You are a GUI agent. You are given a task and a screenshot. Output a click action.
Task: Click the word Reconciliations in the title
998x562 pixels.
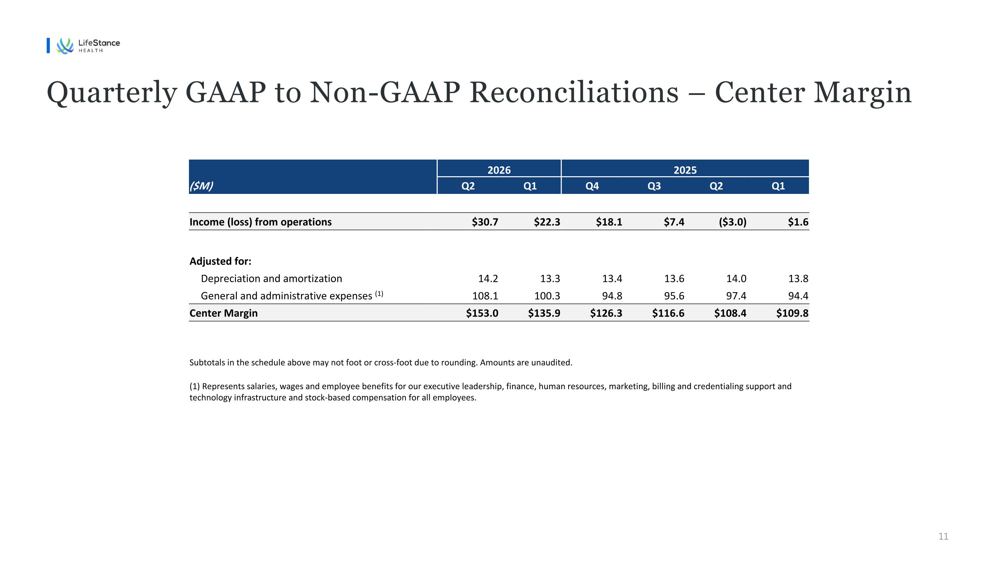[x=574, y=93]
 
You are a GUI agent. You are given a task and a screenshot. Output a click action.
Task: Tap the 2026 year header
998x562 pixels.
[x=499, y=170]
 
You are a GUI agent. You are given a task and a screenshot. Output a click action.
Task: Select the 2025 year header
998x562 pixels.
[x=685, y=170]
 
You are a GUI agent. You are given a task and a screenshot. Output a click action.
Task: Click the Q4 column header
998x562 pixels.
[x=592, y=186]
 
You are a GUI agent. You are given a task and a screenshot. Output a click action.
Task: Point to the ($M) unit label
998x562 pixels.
[x=201, y=186]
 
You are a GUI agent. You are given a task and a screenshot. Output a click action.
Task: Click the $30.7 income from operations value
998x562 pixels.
[x=485, y=222]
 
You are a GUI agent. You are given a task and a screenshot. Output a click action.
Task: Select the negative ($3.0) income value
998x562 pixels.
[x=733, y=222]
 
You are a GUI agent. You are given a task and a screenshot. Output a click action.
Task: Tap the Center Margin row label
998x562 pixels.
[x=224, y=313]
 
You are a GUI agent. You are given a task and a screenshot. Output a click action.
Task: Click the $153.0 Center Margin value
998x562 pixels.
[x=482, y=313]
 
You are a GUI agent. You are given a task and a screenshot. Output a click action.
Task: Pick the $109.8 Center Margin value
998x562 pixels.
[x=792, y=313]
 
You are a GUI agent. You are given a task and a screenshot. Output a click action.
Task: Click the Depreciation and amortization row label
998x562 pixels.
[x=271, y=279]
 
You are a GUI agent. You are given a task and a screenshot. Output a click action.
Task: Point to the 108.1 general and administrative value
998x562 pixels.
[x=485, y=296]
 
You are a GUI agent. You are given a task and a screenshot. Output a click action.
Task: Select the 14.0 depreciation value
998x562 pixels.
[x=736, y=279]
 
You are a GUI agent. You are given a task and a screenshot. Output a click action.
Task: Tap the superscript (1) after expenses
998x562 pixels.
[x=379, y=293]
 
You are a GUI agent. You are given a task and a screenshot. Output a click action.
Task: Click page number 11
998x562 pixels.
[x=943, y=536]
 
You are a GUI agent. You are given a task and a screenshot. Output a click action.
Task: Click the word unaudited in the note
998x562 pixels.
[x=551, y=363]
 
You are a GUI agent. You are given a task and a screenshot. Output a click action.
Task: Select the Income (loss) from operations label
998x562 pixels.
[x=260, y=222]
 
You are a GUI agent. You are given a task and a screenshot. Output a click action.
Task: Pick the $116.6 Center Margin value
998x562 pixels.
[x=668, y=313]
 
